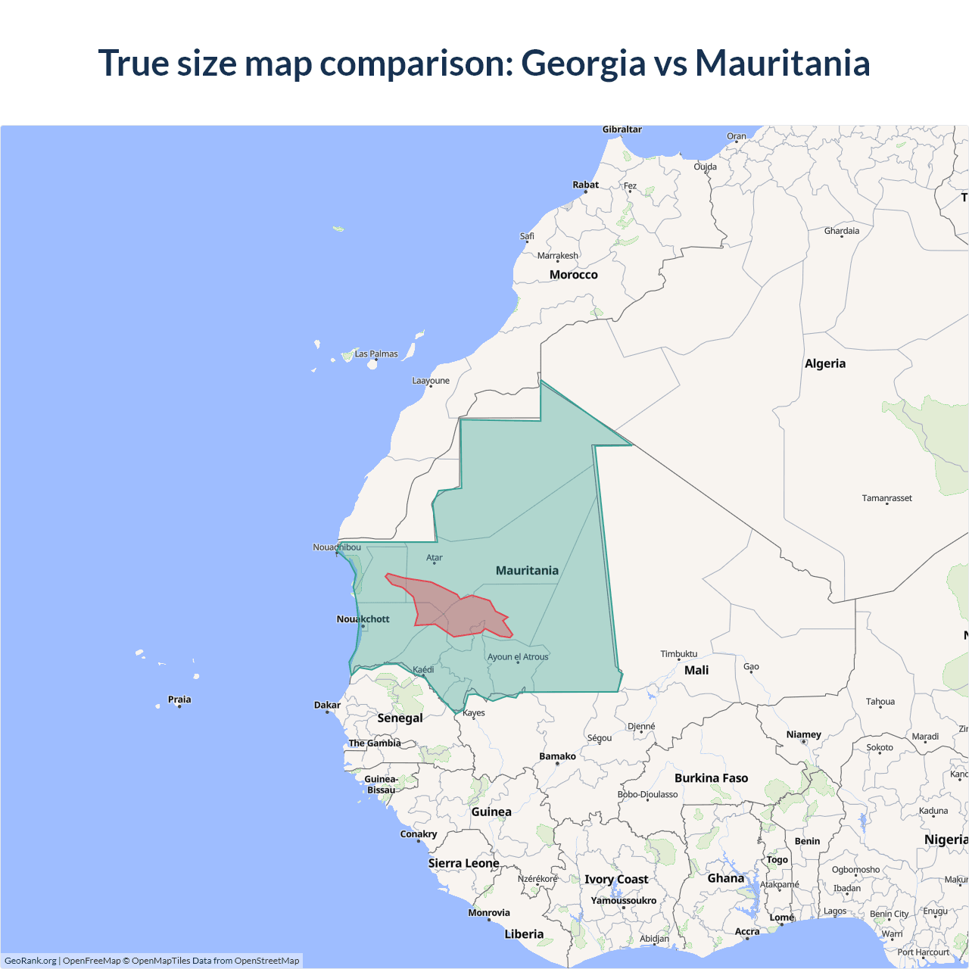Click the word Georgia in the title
point(583,64)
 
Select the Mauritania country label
point(527,571)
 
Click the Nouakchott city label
point(363,619)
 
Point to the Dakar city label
point(328,705)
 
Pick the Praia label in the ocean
point(179,699)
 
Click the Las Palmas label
point(376,354)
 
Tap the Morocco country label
point(573,275)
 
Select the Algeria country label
point(825,363)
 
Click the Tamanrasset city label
point(886,498)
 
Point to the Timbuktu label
point(679,654)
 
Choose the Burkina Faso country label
point(711,778)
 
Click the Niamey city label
point(803,734)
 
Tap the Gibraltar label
point(622,129)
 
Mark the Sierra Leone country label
point(463,863)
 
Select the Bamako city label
point(557,756)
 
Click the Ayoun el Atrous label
point(518,657)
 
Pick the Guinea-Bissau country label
point(381,784)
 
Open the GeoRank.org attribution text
point(30,961)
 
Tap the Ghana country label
point(725,878)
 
